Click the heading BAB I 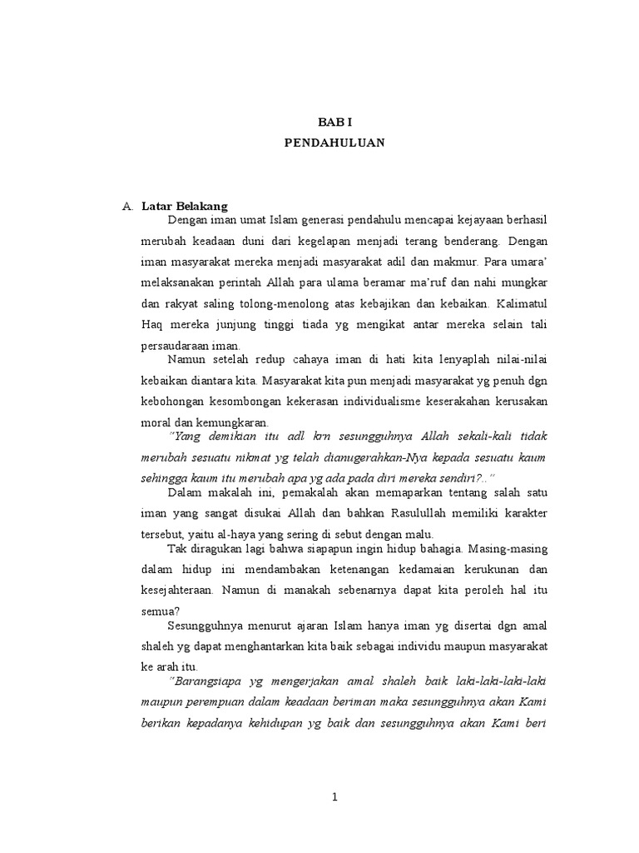(334, 122)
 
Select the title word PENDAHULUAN (334, 142)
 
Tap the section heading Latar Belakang (185, 205)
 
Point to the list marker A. (127, 205)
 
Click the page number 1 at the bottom (334, 797)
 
